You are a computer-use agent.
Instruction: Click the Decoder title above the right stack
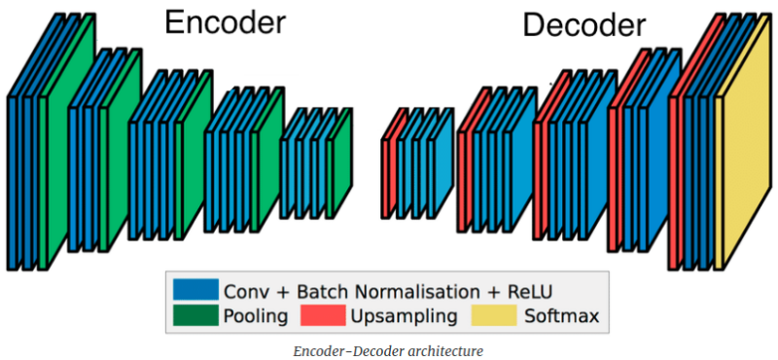click(583, 26)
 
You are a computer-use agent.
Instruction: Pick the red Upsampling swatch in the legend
click(323, 315)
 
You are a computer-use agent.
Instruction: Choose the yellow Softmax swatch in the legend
click(492, 315)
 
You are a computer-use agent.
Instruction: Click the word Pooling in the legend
click(255, 316)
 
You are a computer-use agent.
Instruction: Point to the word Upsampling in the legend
click(403, 316)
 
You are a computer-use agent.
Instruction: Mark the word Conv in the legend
click(244, 291)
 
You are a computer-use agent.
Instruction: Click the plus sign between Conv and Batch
click(277, 291)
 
